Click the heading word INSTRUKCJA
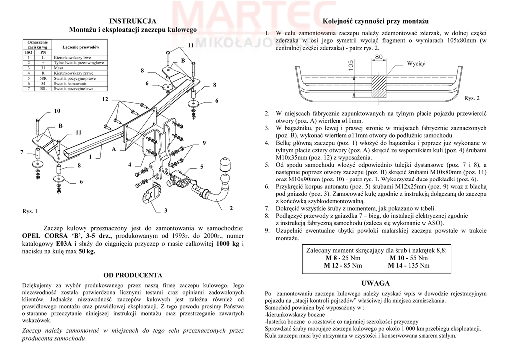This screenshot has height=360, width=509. (133, 21)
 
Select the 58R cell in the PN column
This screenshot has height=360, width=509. (43, 79)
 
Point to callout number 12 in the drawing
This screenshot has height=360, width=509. (105, 100)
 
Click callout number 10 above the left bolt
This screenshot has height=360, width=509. (57, 110)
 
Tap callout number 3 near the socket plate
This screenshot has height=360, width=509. (166, 211)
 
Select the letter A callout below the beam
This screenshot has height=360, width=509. (113, 149)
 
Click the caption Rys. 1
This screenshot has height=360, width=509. (30, 211)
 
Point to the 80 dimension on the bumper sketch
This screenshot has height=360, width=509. (379, 57)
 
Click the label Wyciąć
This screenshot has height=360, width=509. (416, 64)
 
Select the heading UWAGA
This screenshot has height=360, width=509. (375, 283)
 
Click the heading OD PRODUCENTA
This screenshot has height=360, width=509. (132, 275)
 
